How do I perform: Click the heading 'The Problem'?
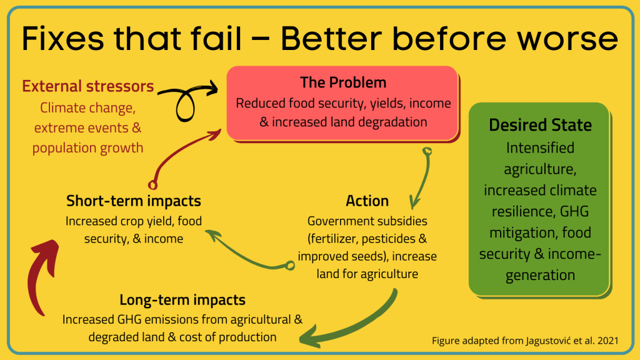pos(343,82)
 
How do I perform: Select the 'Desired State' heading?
pos(541,125)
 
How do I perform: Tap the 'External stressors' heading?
pos(87,86)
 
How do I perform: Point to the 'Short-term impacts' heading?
pos(134,201)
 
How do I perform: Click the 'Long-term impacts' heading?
pos(182,300)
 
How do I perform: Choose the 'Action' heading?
pos(367,201)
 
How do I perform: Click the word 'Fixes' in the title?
pos(63,38)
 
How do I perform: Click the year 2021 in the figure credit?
pos(607,341)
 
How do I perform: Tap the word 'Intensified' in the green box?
pos(540,147)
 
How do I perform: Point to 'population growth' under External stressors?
pos(87,147)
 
